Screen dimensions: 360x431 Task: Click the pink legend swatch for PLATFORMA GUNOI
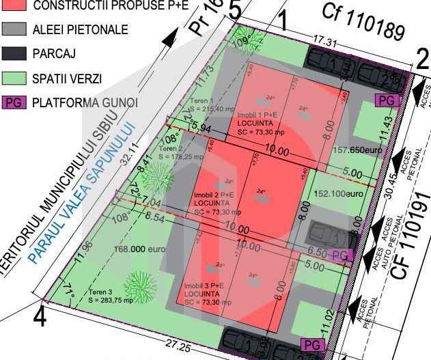(14, 102)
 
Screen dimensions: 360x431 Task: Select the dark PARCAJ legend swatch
(14, 54)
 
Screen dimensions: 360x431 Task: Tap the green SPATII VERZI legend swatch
(14, 79)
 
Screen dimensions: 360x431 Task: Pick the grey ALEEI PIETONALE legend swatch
(14, 30)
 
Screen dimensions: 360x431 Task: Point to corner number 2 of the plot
(421, 60)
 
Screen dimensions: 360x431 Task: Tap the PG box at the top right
(388, 100)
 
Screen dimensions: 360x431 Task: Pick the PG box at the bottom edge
(312, 345)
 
